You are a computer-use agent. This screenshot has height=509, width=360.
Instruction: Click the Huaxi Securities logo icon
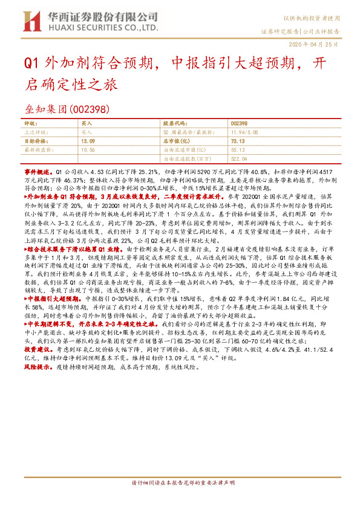tap(31, 22)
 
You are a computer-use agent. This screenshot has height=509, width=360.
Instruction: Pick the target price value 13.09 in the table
tap(88, 140)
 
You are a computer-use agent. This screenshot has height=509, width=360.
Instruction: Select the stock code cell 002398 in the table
tap(239, 122)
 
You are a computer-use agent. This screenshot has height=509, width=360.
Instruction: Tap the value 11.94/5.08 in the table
tap(246, 131)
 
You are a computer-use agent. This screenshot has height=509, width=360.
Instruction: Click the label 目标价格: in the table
tap(34, 140)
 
